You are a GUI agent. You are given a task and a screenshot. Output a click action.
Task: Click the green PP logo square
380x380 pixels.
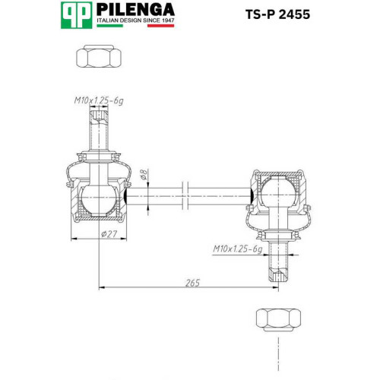76,15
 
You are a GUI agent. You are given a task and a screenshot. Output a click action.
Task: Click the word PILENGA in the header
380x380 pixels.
135,10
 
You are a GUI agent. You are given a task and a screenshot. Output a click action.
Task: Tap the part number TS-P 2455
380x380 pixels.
277,14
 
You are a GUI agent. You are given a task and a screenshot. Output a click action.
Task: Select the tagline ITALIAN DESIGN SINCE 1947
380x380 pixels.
135,21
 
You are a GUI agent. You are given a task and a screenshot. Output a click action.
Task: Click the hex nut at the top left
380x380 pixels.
99,56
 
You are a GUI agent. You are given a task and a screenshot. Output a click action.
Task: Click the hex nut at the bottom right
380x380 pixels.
279,320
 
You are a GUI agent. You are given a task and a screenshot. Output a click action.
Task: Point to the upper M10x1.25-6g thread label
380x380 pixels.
99,101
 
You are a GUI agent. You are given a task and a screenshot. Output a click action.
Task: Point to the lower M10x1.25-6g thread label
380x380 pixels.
238,249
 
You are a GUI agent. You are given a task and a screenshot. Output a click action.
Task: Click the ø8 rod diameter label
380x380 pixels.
144,175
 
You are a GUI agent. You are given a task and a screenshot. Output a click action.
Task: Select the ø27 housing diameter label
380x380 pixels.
109,234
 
